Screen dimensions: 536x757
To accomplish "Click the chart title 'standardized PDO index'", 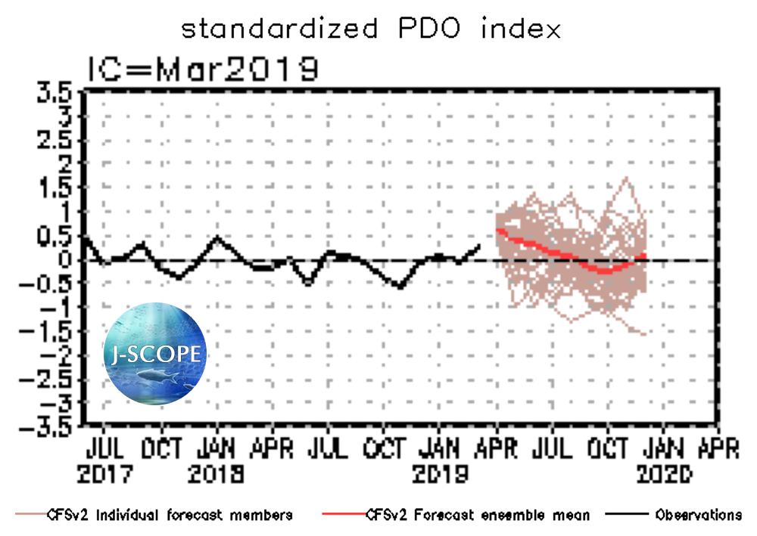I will [371, 29].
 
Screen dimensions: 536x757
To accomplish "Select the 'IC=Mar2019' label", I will [202, 70].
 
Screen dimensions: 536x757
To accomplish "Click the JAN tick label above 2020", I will [664, 449].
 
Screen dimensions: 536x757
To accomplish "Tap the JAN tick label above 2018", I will [217, 449].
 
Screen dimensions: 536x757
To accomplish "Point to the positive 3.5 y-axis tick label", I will [55, 94].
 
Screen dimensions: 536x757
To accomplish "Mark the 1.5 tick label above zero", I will [55, 188].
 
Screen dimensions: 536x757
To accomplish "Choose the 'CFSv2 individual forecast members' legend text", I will [168, 516].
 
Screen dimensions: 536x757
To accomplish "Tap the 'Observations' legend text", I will [698, 516].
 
